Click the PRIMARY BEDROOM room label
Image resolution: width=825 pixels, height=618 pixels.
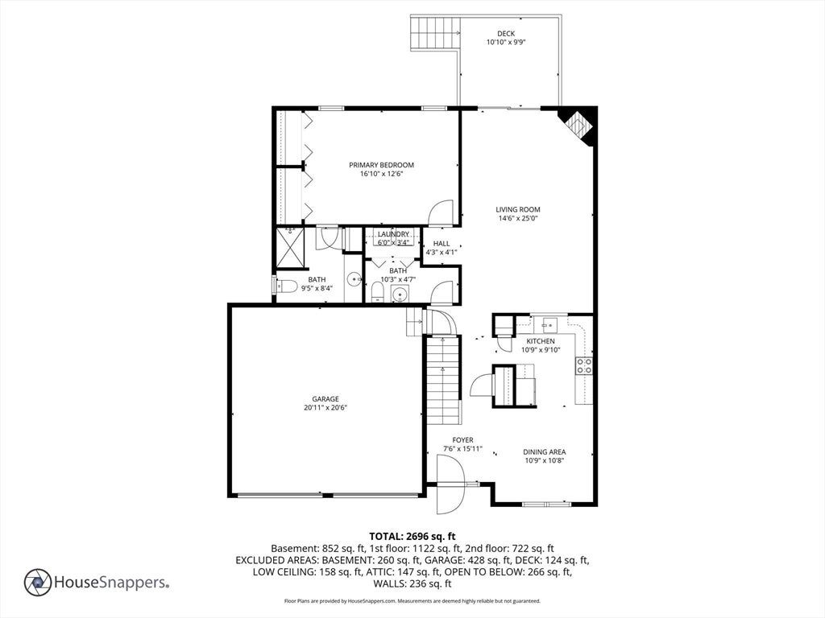[381, 165]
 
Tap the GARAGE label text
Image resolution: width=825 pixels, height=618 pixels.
[325, 399]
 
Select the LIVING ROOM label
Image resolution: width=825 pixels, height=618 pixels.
[518, 209]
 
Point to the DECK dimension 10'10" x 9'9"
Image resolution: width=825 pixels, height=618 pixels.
[506, 42]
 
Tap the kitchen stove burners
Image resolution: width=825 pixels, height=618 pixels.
[584, 366]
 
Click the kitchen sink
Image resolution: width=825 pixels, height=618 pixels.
[549, 325]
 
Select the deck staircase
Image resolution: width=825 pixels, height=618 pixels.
[436, 32]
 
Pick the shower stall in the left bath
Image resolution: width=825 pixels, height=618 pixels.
[290, 246]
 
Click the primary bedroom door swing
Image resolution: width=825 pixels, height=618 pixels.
[441, 212]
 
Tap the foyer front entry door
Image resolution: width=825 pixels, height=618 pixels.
[450, 484]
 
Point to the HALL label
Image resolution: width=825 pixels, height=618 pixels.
[442, 243]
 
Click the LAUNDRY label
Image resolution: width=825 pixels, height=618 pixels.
[393, 234]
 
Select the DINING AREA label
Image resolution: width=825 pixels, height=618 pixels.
[545, 452]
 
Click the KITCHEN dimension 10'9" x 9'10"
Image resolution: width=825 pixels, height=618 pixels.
[541, 350]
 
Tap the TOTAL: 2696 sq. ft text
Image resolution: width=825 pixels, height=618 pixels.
[412, 537]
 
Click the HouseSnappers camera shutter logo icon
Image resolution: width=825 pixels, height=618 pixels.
[38, 582]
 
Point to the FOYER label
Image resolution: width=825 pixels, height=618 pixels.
[463, 440]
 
